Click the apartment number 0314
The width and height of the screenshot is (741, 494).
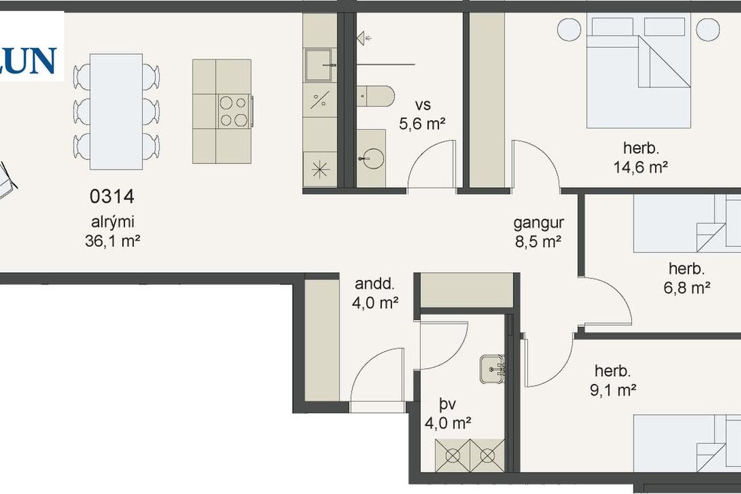[x=112, y=197]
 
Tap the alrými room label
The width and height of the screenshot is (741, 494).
[x=112, y=222]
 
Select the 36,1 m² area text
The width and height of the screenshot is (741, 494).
[x=112, y=241]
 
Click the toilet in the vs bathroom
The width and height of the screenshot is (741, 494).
[x=376, y=96]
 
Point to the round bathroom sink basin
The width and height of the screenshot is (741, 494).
[x=373, y=159]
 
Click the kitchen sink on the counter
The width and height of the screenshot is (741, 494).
[x=318, y=65]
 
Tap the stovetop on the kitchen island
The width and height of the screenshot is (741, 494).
[x=234, y=111]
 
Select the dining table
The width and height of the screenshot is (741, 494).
[x=116, y=112]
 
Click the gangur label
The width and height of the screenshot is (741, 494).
[x=539, y=223]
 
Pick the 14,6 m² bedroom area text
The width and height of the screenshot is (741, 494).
[x=641, y=167]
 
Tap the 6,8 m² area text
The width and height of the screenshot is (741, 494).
[x=687, y=287]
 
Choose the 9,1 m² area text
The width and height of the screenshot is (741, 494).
[x=613, y=390]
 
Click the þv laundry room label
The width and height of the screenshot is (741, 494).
[x=447, y=405]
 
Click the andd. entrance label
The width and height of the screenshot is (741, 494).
[x=374, y=284]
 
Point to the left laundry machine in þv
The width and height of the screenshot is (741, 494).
[x=453, y=456]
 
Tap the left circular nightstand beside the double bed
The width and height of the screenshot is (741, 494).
[x=569, y=30]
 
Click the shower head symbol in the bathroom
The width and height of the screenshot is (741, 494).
[x=363, y=38]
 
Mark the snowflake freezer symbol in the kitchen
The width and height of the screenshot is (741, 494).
[x=320, y=169]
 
